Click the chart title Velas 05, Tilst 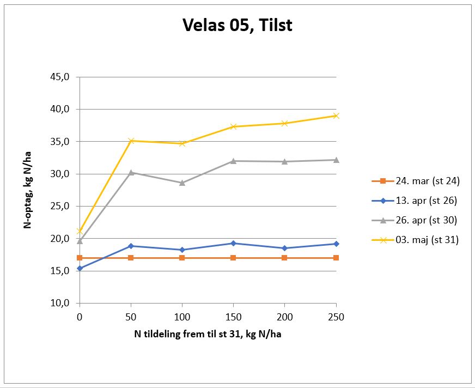coord(237,25)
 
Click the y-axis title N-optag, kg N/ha coord(27,189)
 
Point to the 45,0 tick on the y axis coord(60,77)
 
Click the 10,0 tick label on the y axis coord(60,303)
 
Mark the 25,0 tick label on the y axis coord(60,206)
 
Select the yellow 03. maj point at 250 coord(336,116)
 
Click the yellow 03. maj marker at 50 coord(131,141)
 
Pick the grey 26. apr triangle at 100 coord(182,183)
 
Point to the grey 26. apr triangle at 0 coord(80,241)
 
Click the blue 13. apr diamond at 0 coord(80,268)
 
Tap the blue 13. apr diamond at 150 coord(233,243)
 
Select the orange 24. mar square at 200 coord(284,258)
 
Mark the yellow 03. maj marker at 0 coord(80,231)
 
